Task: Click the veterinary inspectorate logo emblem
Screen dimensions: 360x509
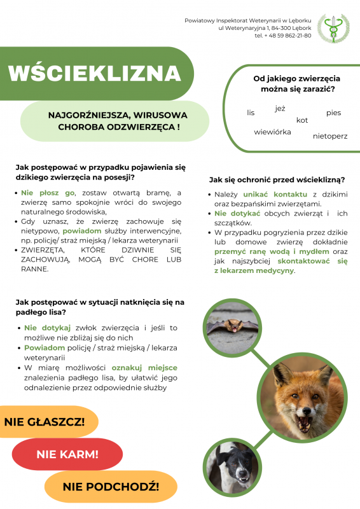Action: [x=333, y=27]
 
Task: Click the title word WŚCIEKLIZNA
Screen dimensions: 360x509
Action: [x=95, y=73]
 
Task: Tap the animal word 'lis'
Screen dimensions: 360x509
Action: [x=251, y=113]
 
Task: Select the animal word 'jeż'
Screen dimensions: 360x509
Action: [x=280, y=109]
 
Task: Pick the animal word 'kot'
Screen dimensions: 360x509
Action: [x=302, y=120]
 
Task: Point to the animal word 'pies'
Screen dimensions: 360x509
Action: [x=333, y=113]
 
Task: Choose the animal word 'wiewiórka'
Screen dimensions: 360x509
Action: [x=272, y=132]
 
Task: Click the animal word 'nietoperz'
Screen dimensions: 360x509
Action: [x=330, y=136]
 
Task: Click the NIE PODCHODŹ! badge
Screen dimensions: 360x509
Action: [x=111, y=487]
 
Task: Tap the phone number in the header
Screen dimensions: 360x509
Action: [x=287, y=36]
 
